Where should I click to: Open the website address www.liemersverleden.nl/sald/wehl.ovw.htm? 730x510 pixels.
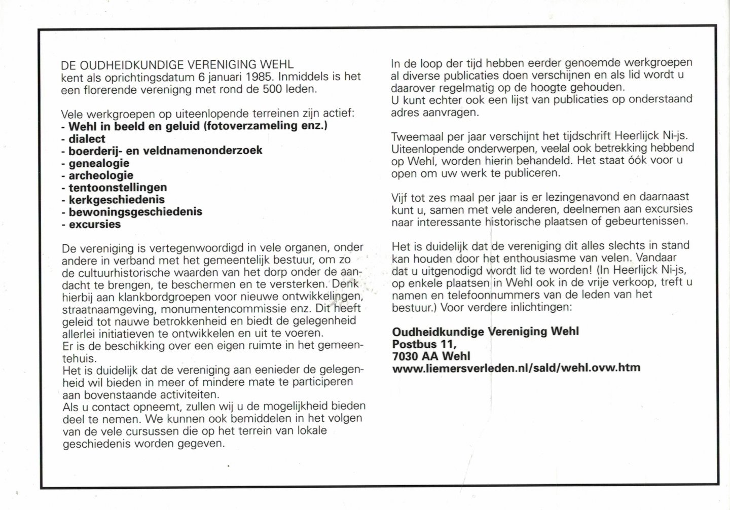[x=516, y=368]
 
